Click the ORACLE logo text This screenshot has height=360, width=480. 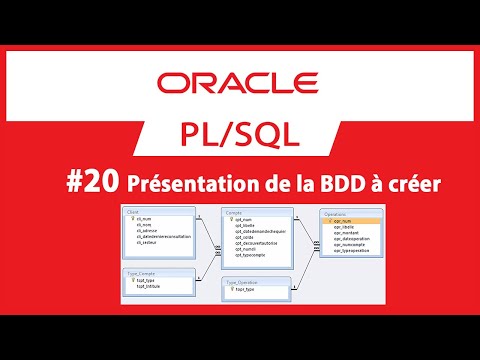click(x=240, y=81)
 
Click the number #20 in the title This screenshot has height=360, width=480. click(x=98, y=182)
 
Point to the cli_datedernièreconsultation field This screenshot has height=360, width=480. click(x=160, y=236)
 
